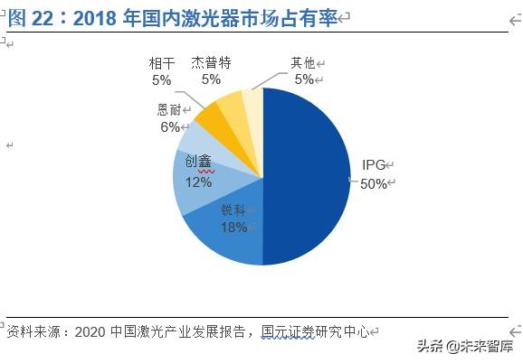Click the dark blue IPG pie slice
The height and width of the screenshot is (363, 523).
coord(308,172)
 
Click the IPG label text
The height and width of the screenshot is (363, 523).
coord(373,165)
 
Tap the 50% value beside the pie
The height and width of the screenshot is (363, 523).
coord(373,183)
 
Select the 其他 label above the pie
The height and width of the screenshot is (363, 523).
coord(302,62)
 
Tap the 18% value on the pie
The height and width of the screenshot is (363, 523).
coord(234,227)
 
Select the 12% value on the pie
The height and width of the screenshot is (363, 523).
coord(198,181)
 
